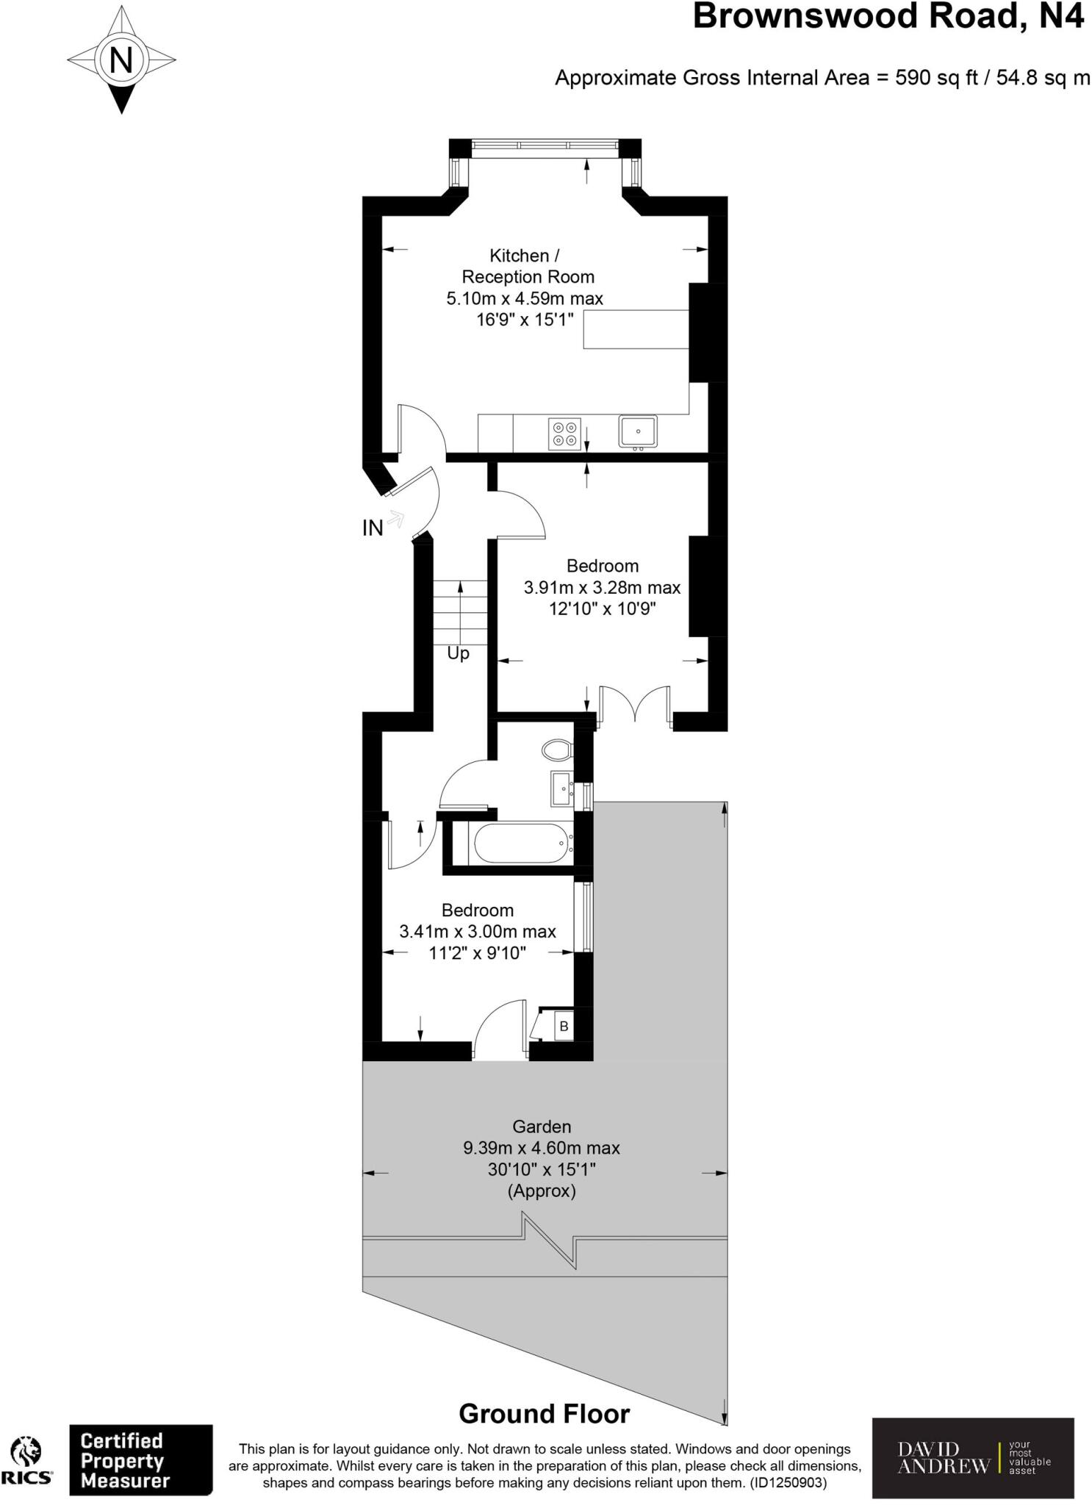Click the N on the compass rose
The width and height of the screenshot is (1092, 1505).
click(121, 59)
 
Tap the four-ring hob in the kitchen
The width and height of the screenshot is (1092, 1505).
click(564, 433)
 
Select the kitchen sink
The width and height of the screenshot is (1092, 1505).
click(637, 431)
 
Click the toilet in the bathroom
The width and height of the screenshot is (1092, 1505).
click(556, 750)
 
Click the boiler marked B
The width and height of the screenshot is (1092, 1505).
click(563, 1026)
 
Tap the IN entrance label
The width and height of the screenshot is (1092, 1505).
click(373, 528)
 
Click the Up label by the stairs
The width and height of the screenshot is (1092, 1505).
click(458, 653)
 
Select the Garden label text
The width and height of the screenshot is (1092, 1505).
click(542, 1127)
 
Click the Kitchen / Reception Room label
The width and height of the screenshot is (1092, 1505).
click(528, 266)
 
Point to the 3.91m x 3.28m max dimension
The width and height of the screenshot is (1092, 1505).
click(602, 588)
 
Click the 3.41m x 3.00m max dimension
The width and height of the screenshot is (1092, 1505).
click(477, 932)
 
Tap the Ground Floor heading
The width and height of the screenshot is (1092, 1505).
click(544, 1413)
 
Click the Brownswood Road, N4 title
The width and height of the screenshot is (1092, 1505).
click(888, 16)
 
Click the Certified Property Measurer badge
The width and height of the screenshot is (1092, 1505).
click(140, 1460)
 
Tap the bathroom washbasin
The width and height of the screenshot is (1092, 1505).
click(561, 789)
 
